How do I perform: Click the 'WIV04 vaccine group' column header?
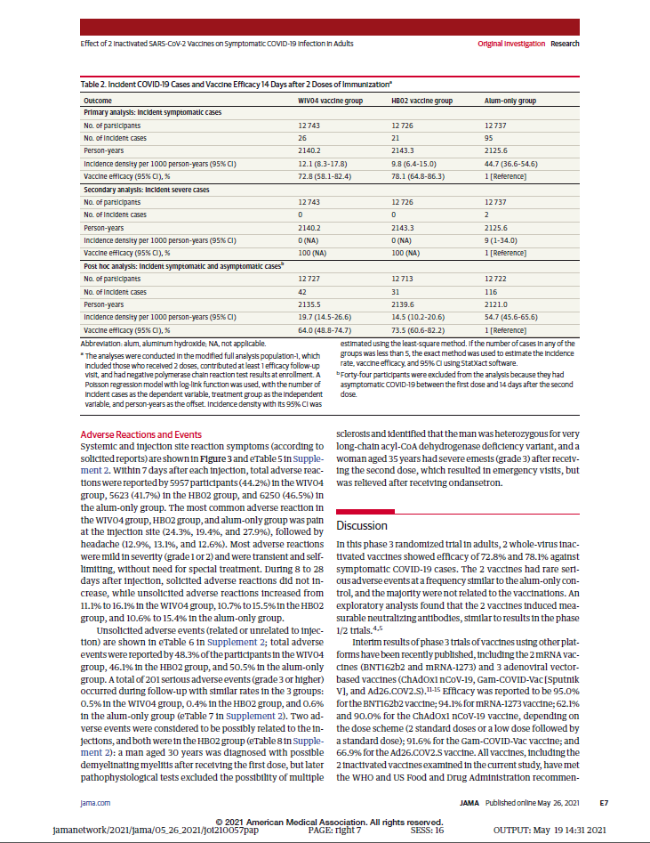coord(330,101)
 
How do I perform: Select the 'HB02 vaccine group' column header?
coord(423,101)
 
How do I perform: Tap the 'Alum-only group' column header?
coord(510,101)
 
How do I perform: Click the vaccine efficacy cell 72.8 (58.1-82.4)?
coord(332,178)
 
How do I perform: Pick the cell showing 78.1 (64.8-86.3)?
coord(423,178)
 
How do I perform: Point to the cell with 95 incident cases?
coord(489,140)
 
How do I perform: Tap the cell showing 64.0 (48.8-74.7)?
coord(332,328)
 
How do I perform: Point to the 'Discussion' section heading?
coord(361,525)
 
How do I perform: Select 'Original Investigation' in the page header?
coord(510,43)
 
